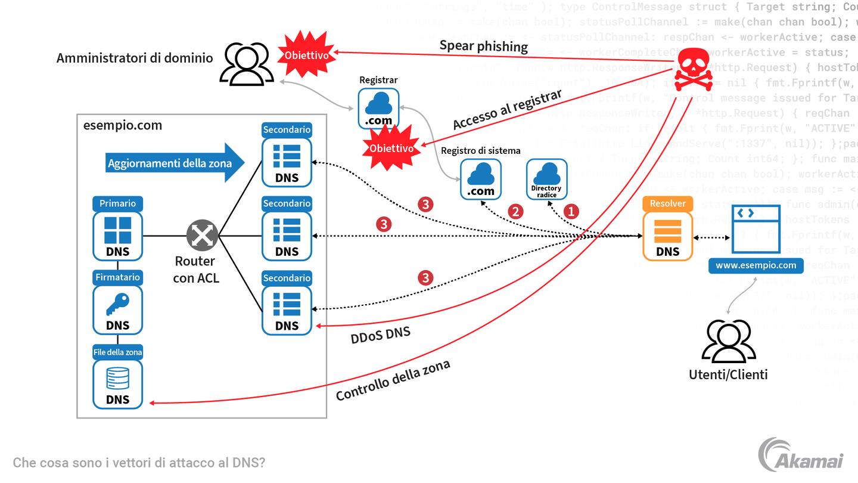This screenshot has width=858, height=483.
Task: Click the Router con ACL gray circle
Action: pyautogui.click(x=202, y=236)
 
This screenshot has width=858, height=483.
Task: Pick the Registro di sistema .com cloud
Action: pyautogui.click(x=480, y=179)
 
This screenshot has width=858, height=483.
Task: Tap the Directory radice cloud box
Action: pyautogui.click(x=546, y=179)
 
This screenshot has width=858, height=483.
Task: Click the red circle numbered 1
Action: pyautogui.click(x=571, y=211)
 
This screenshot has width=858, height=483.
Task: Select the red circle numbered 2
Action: pyautogui.click(x=515, y=211)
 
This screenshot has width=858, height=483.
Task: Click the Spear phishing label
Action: pyautogui.click(x=483, y=46)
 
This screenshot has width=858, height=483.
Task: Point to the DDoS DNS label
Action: pyautogui.click(x=380, y=335)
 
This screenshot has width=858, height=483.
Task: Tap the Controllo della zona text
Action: pyautogui.click(x=393, y=380)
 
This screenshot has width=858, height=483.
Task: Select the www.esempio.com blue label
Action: pyautogui.click(x=756, y=265)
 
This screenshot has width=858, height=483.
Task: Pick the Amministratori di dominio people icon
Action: pyautogui.click(x=247, y=64)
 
